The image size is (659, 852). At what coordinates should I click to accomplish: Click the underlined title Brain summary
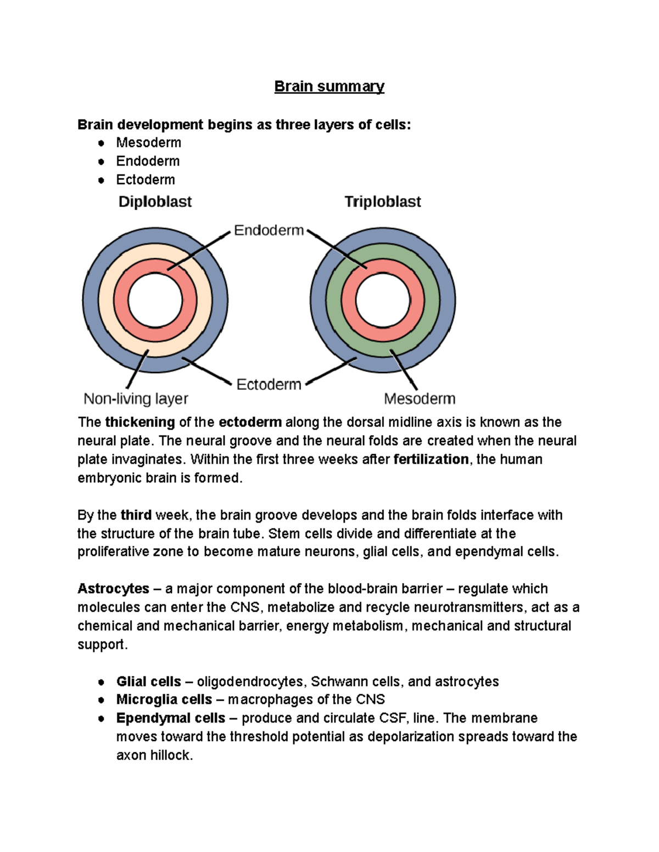(329, 87)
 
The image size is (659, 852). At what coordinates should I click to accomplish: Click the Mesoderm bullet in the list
(148, 143)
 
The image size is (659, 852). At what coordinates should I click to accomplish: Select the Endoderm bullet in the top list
(148, 161)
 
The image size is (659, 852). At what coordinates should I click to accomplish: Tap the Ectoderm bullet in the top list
(146, 180)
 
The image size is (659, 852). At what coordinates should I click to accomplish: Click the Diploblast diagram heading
(155, 202)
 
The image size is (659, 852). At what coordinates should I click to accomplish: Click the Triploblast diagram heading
(382, 202)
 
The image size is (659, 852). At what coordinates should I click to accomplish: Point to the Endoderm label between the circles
(269, 230)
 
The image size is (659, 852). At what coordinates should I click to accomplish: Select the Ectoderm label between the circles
(269, 385)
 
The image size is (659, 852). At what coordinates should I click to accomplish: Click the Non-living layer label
(136, 399)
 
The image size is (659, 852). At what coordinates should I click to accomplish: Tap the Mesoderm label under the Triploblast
(420, 399)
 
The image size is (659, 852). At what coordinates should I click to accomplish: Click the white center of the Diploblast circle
(155, 301)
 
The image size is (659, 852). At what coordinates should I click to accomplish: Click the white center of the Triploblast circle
(383, 301)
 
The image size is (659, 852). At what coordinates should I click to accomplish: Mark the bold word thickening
(140, 422)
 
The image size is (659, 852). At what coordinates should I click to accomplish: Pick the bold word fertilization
(431, 459)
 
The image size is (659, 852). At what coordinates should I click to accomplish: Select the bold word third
(136, 515)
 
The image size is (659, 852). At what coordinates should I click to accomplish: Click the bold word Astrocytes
(113, 589)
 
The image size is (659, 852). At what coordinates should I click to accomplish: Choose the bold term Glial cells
(148, 681)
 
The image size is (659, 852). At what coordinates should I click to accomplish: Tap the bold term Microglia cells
(164, 699)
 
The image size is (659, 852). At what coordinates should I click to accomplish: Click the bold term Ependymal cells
(170, 718)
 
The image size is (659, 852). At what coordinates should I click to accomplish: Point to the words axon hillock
(154, 755)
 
